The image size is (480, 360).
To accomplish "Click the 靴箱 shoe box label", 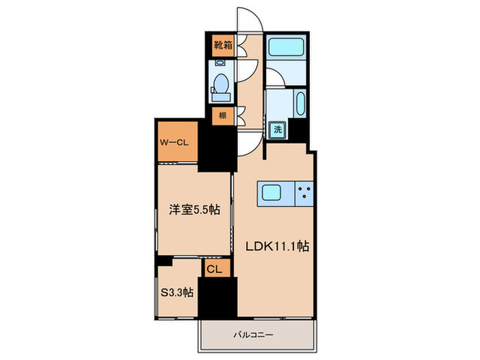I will pos(221,47).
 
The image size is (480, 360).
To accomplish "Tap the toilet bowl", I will pos(221,86).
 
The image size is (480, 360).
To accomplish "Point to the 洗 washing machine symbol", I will pos(279,128).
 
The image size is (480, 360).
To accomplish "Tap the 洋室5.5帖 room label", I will pos(195,211).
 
